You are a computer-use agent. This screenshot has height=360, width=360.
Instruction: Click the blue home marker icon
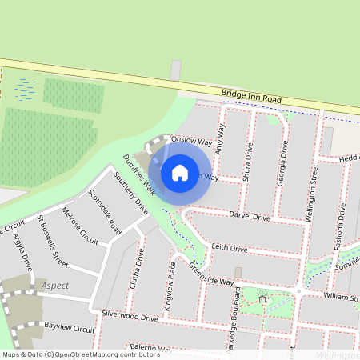click(x=180, y=173)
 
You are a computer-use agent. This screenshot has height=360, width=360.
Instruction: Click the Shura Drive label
click(x=247, y=161)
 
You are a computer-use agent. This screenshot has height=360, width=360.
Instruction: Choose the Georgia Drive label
click(x=282, y=163)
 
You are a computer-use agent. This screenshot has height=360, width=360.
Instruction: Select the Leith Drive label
click(x=230, y=250)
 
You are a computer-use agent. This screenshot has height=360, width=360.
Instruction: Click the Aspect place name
click(x=53, y=286)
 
